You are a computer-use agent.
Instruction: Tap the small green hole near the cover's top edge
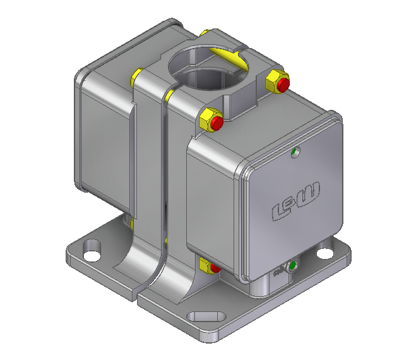[294, 152]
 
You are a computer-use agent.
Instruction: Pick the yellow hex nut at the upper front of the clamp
[207, 120]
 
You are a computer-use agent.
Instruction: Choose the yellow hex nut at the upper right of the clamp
[275, 81]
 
